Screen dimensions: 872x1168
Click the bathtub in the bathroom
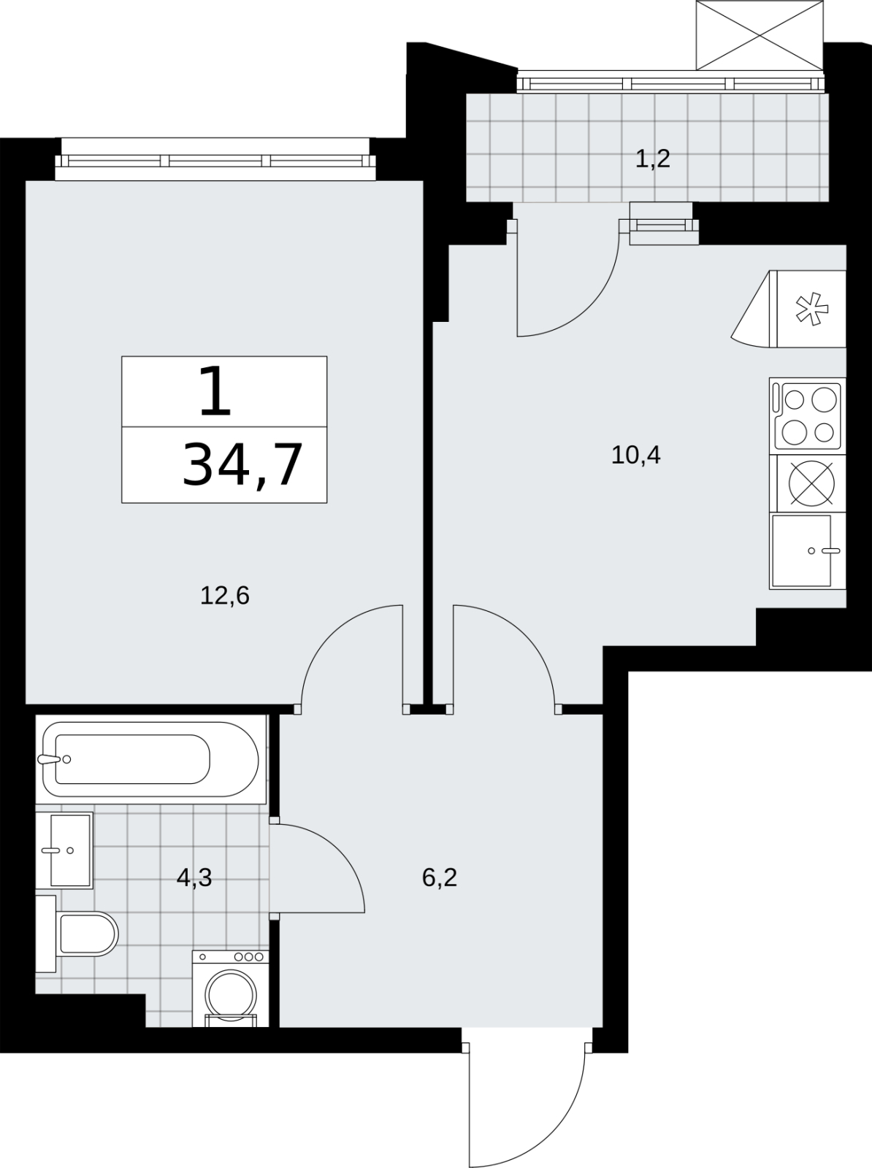coord(150,759)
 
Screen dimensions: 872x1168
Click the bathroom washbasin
coord(64,850)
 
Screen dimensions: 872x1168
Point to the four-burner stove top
coord(808,416)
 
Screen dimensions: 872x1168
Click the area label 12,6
coord(225,596)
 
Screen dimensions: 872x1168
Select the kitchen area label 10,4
coord(635,455)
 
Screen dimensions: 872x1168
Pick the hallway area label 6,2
coord(440,877)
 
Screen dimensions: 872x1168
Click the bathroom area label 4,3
coord(194,877)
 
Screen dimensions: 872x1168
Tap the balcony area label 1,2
coord(653,158)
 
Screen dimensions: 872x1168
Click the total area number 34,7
coord(242,465)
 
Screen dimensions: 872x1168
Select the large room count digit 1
coord(215,391)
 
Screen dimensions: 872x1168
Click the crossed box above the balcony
coord(760,35)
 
